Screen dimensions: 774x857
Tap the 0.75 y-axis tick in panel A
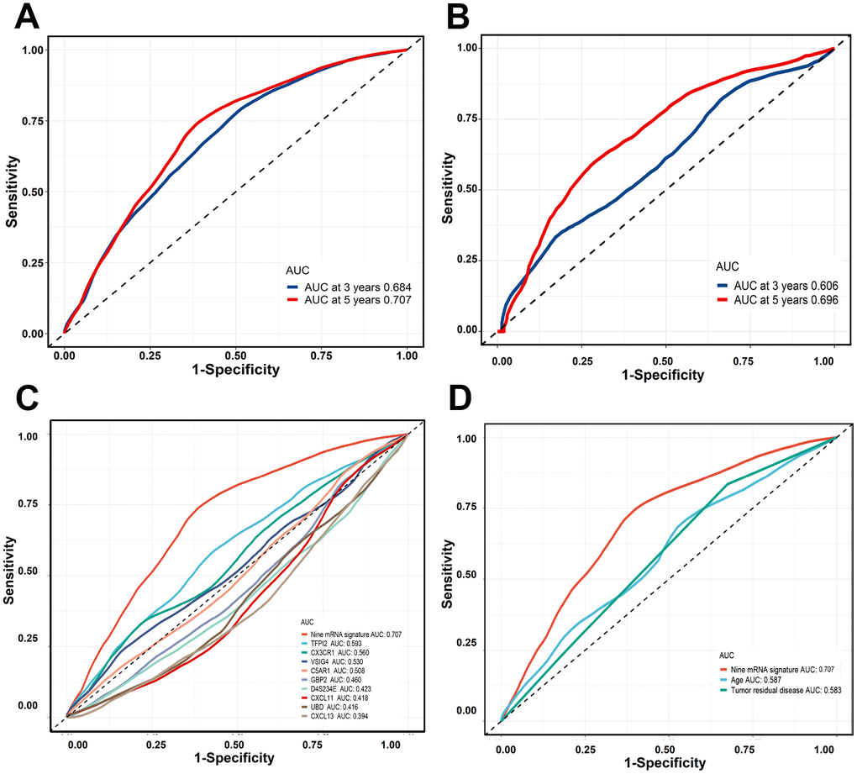pos(33,120)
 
